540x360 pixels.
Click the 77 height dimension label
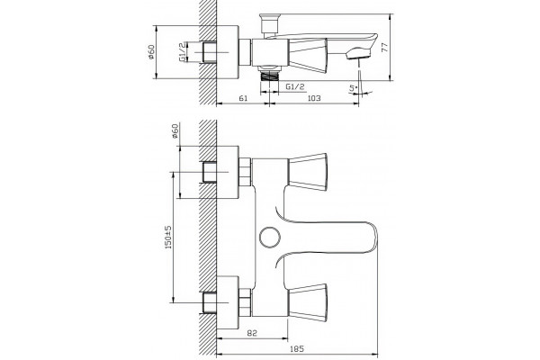click(x=386, y=47)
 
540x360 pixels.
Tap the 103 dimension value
click(x=313, y=98)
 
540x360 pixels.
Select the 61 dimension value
click(x=243, y=98)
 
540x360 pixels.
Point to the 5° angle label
click(x=353, y=88)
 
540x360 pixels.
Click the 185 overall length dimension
click(x=297, y=349)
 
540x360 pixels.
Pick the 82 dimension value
click(x=252, y=333)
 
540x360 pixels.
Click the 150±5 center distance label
click(x=168, y=238)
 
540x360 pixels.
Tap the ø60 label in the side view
click(x=151, y=52)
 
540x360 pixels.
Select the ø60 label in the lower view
click(x=175, y=130)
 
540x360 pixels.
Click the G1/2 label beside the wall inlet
click(x=183, y=52)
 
